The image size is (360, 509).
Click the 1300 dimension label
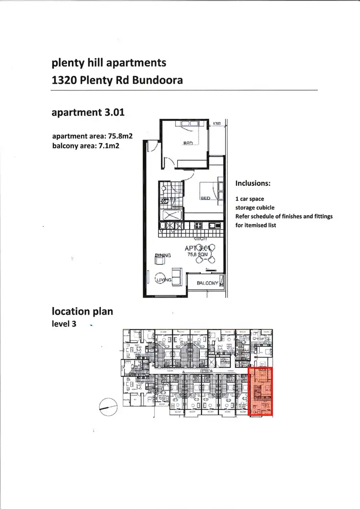click(x=217, y=124)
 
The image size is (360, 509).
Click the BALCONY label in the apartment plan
click(x=207, y=284)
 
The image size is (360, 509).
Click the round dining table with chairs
click(x=208, y=255)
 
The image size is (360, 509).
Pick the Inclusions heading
click(x=253, y=183)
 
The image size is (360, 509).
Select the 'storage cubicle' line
click(x=255, y=208)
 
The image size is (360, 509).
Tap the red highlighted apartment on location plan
click(x=261, y=391)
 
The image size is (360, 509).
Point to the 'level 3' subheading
click(x=64, y=324)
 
